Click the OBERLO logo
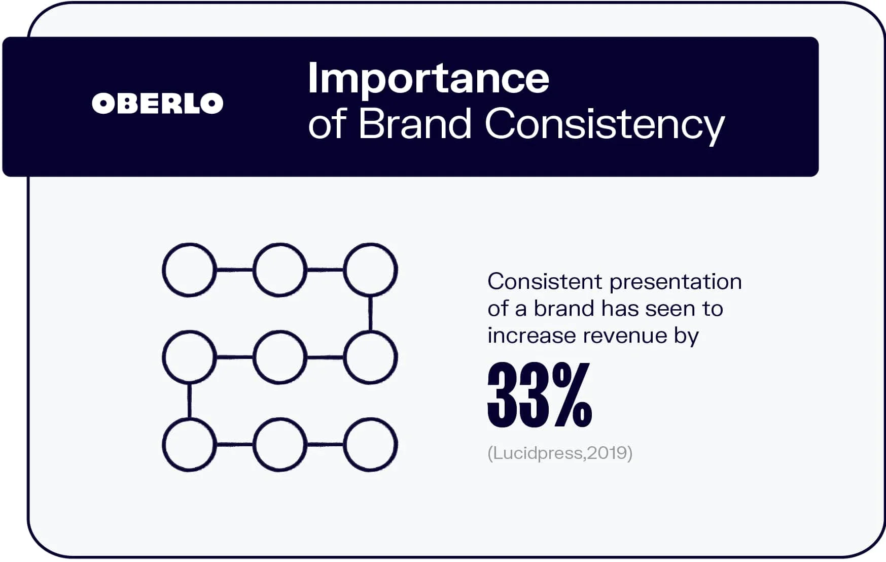(x=157, y=104)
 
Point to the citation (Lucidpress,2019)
(x=560, y=452)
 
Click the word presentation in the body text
(x=676, y=281)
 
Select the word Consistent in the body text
(x=545, y=281)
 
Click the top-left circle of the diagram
(x=189, y=270)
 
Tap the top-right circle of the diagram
(x=370, y=270)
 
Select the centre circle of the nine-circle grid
(x=280, y=357)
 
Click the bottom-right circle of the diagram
(x=370, y=445)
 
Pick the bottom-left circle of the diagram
(x=189, y=445)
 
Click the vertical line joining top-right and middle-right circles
(x=370, y=314)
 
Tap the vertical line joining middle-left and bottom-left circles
(x=189, y=401)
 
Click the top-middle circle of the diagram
(x=280, y=270)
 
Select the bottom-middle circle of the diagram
(x=280, y=445)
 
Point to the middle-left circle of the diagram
(x=189, y=357)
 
